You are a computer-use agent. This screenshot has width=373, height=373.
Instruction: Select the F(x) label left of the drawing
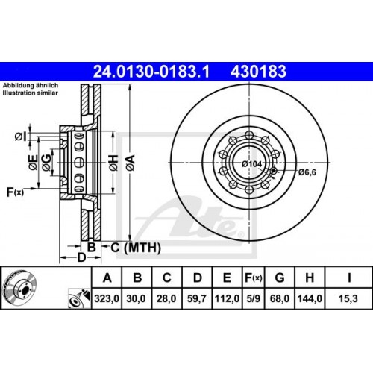[16, 192]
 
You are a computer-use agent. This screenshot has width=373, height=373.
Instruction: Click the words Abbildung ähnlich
[27, 87]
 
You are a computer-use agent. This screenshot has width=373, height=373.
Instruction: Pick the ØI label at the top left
[19, 137]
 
